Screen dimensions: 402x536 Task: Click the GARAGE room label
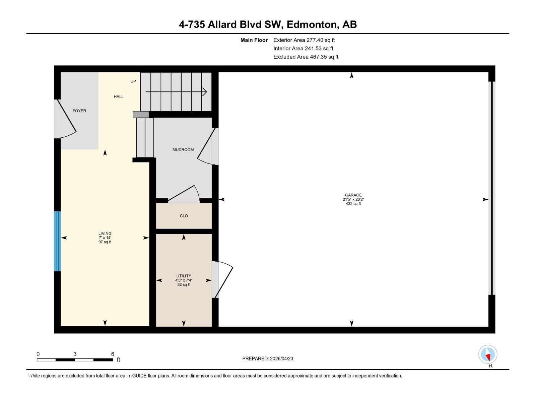tap(353, 195)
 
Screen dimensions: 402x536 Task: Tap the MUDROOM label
tap(183, 150)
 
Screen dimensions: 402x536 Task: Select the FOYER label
tap(79, 111)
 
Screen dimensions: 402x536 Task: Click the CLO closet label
tap(184, 216)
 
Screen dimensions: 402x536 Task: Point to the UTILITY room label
tap(184, 276)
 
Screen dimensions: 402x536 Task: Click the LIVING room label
tap(105, 233)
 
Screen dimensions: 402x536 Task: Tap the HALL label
tap(119, 97)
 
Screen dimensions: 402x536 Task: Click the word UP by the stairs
tap(133, 81)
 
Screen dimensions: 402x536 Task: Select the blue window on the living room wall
tap(58, 241)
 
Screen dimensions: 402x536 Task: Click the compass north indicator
tap(488, 355)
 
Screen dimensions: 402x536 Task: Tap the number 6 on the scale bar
tap(113, 354)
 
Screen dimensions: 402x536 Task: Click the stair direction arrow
tap(176, 92)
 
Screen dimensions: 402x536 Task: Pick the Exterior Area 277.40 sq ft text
tap(304, 40)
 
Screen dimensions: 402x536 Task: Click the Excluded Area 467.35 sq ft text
tap(306, 57)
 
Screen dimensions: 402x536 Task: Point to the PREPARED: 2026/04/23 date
tap(268, 358)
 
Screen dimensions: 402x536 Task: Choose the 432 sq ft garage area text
tap(353, 204)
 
